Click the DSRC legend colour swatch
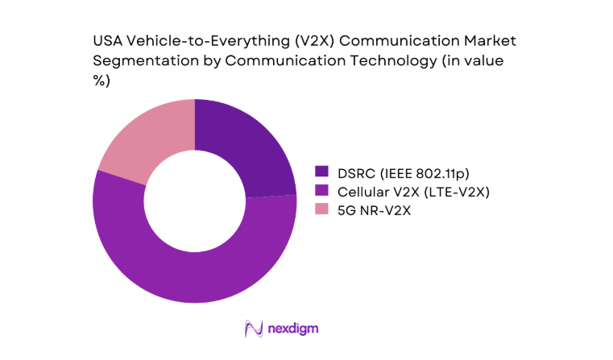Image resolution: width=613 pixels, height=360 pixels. (x=322, y=171)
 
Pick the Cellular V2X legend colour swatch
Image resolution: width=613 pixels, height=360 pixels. (x=322, y=190)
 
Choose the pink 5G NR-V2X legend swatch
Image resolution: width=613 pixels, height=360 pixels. (x=322, y=209)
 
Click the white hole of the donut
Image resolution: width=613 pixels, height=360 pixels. (x=195, y=201)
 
